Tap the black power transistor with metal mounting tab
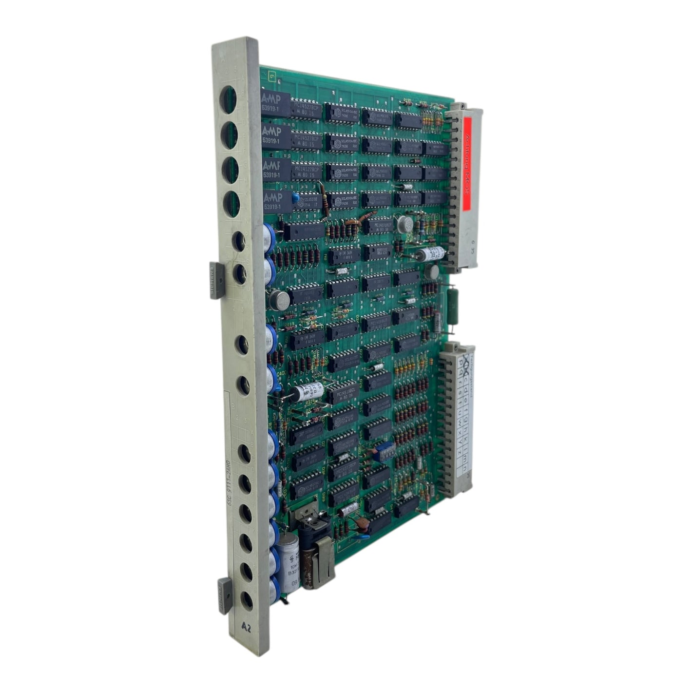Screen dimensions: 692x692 coord(312,526)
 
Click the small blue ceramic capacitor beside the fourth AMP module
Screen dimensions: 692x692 coord(295,198)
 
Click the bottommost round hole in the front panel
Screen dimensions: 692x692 coord(248,601)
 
